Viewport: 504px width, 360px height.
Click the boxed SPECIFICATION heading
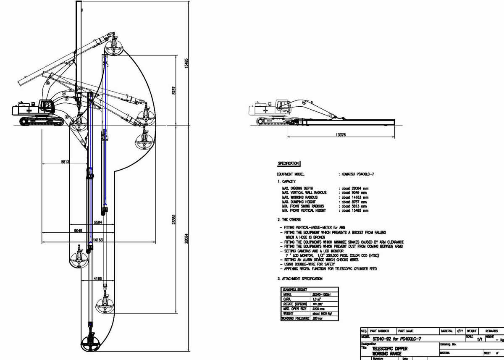tap(288, 163)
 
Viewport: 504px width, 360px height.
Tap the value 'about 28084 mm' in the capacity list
tap(355, 189)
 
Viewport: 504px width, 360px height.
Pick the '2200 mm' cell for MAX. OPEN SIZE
tap(320, 308)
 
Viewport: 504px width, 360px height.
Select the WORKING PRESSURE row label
tap(295, 318)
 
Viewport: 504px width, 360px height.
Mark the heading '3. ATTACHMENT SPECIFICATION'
tap(299, 279)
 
